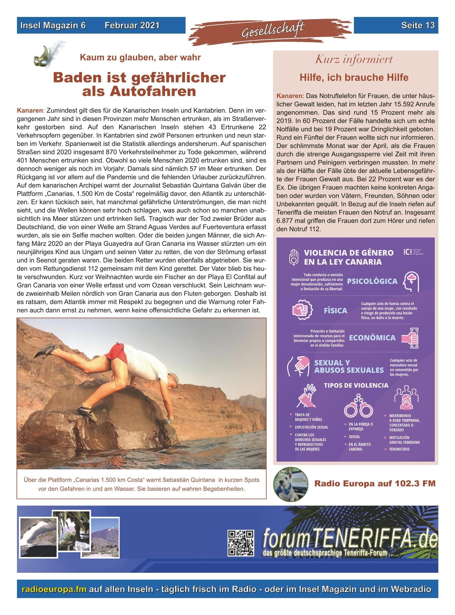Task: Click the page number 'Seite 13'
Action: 418,26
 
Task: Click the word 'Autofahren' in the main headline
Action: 139,91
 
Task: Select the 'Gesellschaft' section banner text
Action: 273,31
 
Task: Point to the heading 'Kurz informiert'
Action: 354,59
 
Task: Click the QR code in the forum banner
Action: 241,543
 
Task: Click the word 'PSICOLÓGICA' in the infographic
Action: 372,281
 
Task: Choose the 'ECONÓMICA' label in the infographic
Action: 372,338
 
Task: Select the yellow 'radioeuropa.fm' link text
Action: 54,589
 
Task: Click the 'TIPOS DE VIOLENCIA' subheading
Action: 356,385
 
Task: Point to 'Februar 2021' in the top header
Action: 132,26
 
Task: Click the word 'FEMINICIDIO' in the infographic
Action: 399,449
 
